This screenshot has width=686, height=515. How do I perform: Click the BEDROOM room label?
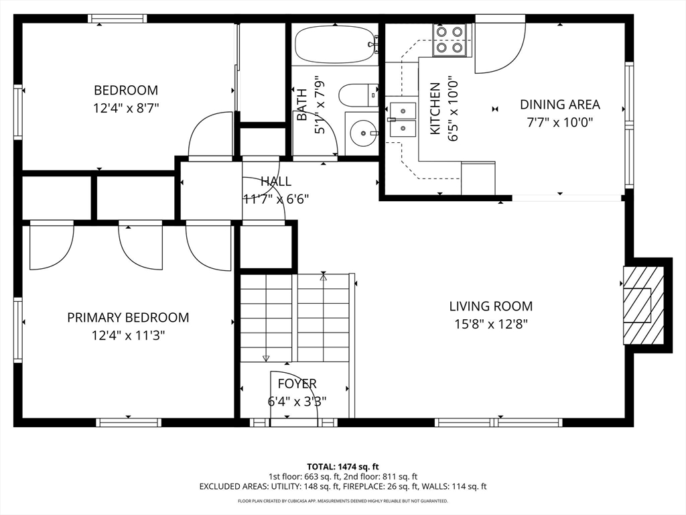pyautogui.click(x=126, y=91)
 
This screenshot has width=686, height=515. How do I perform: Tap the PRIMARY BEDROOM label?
pyautogui.click(x=128, y=317)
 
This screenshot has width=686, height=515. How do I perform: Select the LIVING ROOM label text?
pyautogui.click(x=491, y=306)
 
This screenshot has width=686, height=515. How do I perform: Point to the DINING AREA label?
pyautogui.click(x=560, y=105)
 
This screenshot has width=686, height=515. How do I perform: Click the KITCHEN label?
pyautogui.click(x=435, y=109)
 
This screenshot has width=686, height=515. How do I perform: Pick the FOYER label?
pyautogui.click(x=297, y=384)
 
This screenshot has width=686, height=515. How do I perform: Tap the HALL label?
pyautogui.click(x=276, y=181)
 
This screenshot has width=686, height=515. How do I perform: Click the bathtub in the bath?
pyautogui.click(x=336, y=45)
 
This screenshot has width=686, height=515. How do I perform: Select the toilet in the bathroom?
pyautogui.click(x=358, y=95)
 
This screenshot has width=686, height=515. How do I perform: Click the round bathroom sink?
pyautogui.click(x=363, y=133)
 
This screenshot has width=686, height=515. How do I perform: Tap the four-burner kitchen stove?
pyautogui.click(x=450, y=40)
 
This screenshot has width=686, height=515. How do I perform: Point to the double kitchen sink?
pyautogui.click(x=403, y=120)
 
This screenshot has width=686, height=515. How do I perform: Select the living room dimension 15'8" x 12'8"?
pyautogui.click(x=491, y=324)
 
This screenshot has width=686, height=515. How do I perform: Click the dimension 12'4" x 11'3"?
pyautogui.click(x=128, y=335)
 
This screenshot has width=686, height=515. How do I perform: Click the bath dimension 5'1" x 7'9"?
pyautogui.click(x=320, y=107)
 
